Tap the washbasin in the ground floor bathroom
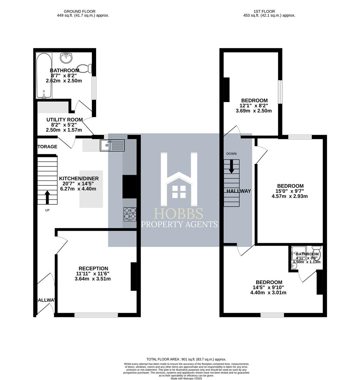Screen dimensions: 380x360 (66, 58)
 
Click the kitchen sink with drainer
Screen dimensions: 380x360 (112, 145)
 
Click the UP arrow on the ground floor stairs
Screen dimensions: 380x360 (47, 197)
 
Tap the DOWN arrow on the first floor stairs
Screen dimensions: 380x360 (231, 166)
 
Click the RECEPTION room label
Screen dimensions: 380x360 (93, 268)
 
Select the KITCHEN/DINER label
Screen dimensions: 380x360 (79, 178)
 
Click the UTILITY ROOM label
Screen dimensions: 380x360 (64, 120)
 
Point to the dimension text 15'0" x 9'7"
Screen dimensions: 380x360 (290, 191)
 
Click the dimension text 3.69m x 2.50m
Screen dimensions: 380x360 (254, 110)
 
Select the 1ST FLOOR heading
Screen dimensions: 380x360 (269, 11)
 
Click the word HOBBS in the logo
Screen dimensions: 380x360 (179, 214)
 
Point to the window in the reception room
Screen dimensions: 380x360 (96, 315)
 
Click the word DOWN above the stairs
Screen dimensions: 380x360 (231, 154)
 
